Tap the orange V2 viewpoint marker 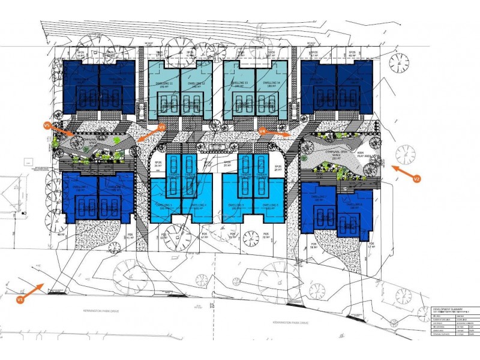[x=417, y=178]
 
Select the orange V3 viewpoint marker [x=161, y=127]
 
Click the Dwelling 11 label [x=163, y=83]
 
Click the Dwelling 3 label [x=164, y=205]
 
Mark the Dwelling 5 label [x=238, y=205]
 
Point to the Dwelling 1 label [x=82, y=187]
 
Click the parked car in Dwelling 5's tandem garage [x=245, y=168]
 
